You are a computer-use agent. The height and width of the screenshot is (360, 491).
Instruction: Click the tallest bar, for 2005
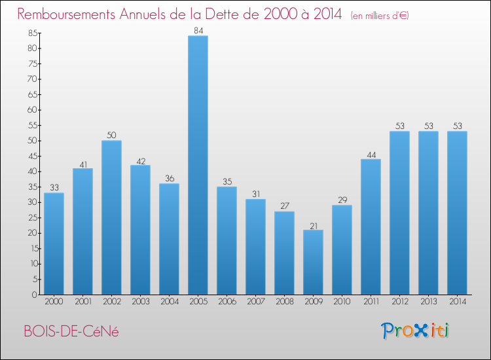point(198,165)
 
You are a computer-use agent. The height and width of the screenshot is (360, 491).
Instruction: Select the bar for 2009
point(313,262)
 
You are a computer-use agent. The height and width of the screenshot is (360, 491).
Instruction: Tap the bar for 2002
point(111,217)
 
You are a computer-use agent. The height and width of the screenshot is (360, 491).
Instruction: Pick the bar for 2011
point(371,226)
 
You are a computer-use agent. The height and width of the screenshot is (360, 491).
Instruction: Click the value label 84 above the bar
point(198,31)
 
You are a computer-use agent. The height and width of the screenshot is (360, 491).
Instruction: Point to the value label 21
point(313,225)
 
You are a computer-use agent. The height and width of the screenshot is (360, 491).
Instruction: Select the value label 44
point(371,154)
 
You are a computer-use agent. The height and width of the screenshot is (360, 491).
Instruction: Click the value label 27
point(284,207)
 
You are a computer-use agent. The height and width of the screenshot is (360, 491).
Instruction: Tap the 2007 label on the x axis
point(255,302)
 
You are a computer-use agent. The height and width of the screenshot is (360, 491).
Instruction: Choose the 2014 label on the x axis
point(457,302)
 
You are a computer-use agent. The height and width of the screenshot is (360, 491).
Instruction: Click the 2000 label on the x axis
point(54,302)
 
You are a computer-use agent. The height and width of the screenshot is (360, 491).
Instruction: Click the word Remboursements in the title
point(75,14)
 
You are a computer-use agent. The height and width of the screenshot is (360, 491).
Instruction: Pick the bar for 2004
point(169,239)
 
